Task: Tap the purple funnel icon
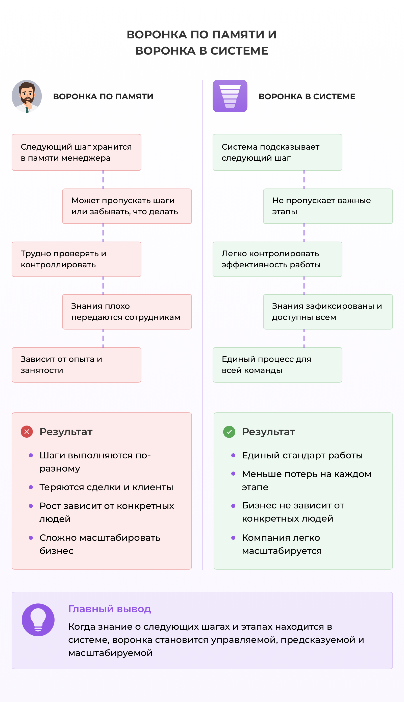[x=230, y=96]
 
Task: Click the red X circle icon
[x=27, y=432]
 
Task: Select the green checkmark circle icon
[x=229, y=432]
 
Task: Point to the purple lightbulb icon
[x=38, y=620]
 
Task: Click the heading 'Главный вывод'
[x=110, y=609]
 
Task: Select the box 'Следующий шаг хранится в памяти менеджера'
[x=77, y=152]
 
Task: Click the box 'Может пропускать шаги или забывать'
[x=127, y=206]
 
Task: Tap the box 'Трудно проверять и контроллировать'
[x=77, y=259]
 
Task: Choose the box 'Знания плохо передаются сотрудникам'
[x=127, y=312]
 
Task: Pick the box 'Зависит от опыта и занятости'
[x=77, y=365]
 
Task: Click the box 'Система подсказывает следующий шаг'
[x=277, y=152]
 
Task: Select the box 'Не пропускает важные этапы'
[x=328, y=206]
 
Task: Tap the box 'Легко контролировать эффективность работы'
[x=277, y=259]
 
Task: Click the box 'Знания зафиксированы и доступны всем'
[x=328, y=312]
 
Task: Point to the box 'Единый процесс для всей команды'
[x=277, y=365]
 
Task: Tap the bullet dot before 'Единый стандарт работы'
[x=233, y=455]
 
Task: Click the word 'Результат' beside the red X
[x=66, y=432]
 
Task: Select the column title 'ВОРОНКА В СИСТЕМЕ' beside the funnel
[x=307, y=96]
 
